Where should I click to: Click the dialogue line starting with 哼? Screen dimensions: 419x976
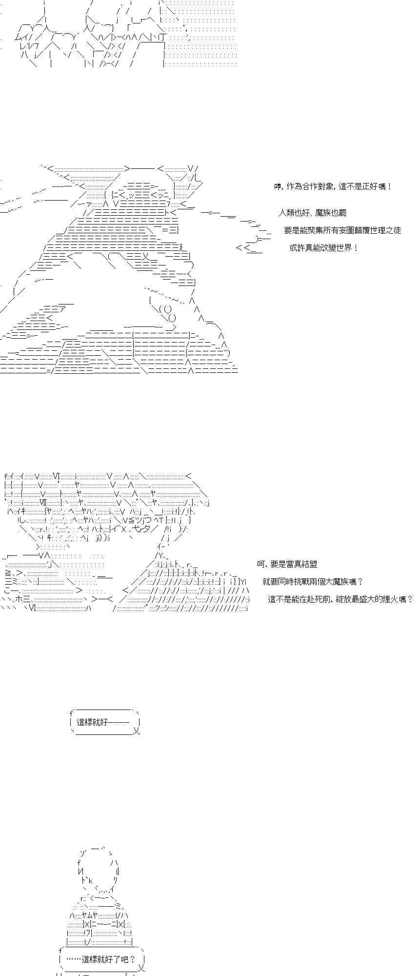pos(333,186)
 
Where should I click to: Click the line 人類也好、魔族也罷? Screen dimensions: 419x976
pos(313,213)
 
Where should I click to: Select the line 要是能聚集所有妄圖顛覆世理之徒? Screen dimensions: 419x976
pos(342,230)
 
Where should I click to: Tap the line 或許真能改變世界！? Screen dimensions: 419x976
pos(324,247)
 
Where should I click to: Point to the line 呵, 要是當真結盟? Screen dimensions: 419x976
pos(287,564)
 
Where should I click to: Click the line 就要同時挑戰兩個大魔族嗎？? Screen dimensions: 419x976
pos(313,582)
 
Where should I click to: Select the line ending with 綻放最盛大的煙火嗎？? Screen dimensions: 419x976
pos(340,599)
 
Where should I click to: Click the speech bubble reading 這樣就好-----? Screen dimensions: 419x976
pos(105,722)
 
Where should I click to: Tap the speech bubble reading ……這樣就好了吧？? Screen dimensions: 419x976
pos(102,959)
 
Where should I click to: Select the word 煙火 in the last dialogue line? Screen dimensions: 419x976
pos(391,599)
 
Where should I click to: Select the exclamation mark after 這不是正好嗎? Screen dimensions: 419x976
pos(390,186)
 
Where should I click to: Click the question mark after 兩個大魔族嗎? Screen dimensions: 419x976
pos(360,582)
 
